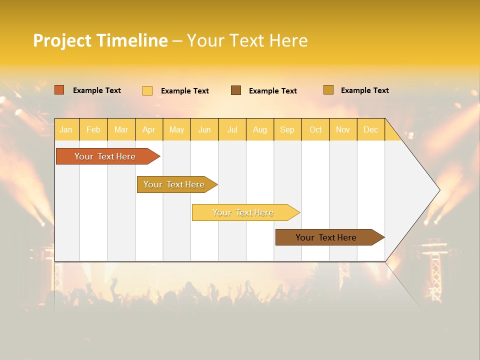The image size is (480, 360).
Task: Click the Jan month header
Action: click(66, 130)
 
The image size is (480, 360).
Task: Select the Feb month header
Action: click(93, 130)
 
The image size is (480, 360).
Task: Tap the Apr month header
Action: click(148, 130)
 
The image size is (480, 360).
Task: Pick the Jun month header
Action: click(204, 130)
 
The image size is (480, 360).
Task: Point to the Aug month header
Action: click(259, 130)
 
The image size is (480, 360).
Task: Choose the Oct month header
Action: click(315, 130)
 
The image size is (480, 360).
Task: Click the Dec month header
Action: click(370, 130)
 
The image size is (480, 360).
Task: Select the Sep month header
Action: click(287, 130)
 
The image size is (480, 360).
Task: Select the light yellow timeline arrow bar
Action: click(243, 212)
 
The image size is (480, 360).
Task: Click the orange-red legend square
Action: click(59, 90)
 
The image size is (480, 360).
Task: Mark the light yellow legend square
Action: click(147, 90)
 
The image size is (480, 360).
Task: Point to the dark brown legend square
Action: click(236, 90)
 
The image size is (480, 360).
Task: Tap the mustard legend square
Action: click(328, 90)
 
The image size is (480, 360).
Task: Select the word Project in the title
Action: click(62, 40)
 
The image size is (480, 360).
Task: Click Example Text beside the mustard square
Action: click(364, 90)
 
